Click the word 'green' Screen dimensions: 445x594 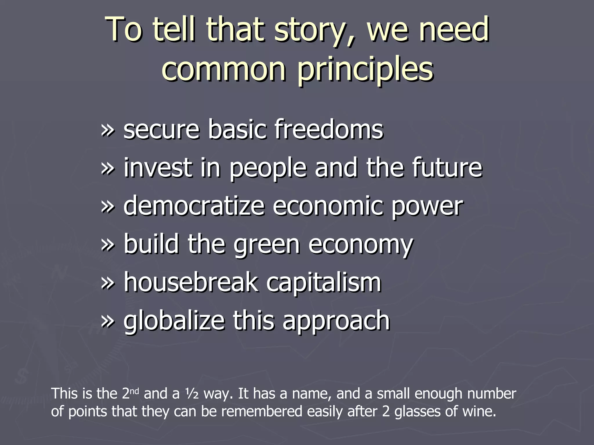point(267,245)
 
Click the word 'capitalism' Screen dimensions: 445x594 point(324,283)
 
